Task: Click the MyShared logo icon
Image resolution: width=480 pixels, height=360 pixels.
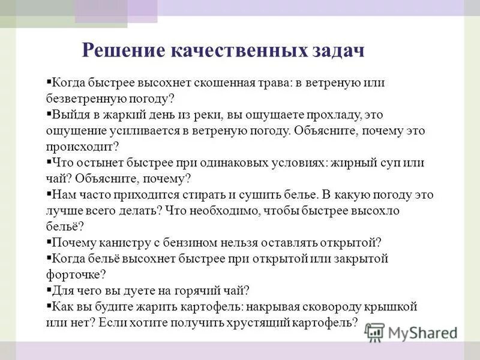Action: click(x=374, y=331)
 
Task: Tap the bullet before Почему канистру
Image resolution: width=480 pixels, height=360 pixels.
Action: click(x=49, y=242)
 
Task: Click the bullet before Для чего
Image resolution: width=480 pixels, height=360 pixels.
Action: click(x=49, y=290)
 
